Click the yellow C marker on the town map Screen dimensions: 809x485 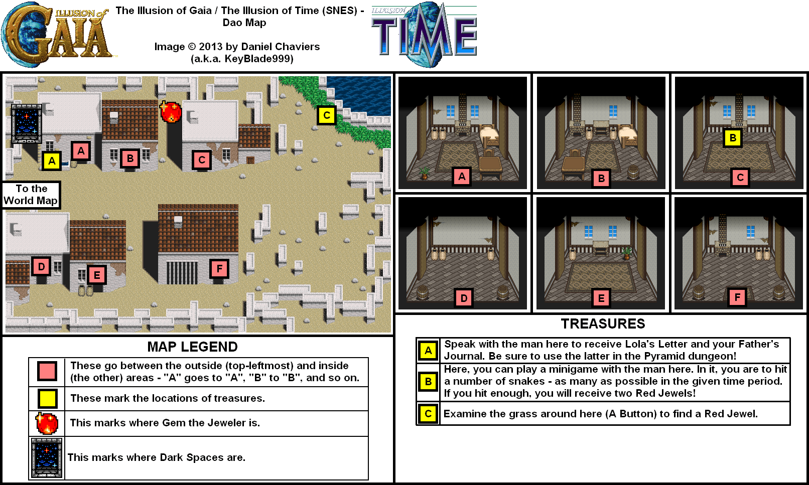coord(327,115)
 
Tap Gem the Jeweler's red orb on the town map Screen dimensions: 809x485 coord(171,111)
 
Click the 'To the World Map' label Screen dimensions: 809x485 coord(31,195)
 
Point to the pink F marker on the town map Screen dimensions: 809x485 coord(219,268)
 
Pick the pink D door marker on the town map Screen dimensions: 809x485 coord(41,267)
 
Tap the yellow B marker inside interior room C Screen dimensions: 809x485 coord(733,137)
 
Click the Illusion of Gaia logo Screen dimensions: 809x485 coord(57,34)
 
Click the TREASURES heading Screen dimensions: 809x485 coord(603,324)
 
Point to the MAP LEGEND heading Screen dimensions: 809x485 coord(193,347)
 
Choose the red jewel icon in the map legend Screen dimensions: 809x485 coord(47,423)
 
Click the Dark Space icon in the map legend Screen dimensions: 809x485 coord(47,458)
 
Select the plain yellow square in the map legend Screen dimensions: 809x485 coord(47,398)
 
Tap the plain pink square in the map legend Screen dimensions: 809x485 coord(47,371)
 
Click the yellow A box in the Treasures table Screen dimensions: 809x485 coord(428,351)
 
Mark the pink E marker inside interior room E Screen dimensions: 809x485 coord(601,298)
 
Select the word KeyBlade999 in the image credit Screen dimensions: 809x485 coord(259,59)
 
